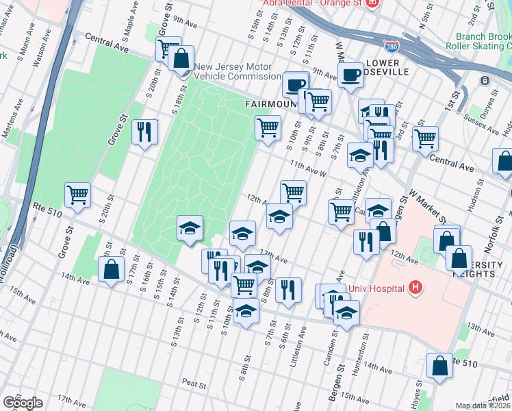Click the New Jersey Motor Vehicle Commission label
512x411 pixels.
(x=238, y=72)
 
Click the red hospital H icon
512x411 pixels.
(x=413, y=287)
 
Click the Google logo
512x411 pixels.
(x=23, y=403)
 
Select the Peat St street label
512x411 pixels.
(x=194, y=384)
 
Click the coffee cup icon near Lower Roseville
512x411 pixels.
(x=351, y=75)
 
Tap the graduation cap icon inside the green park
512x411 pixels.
(x=190, y=228)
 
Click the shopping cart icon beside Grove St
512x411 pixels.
(x=78, y=194)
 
